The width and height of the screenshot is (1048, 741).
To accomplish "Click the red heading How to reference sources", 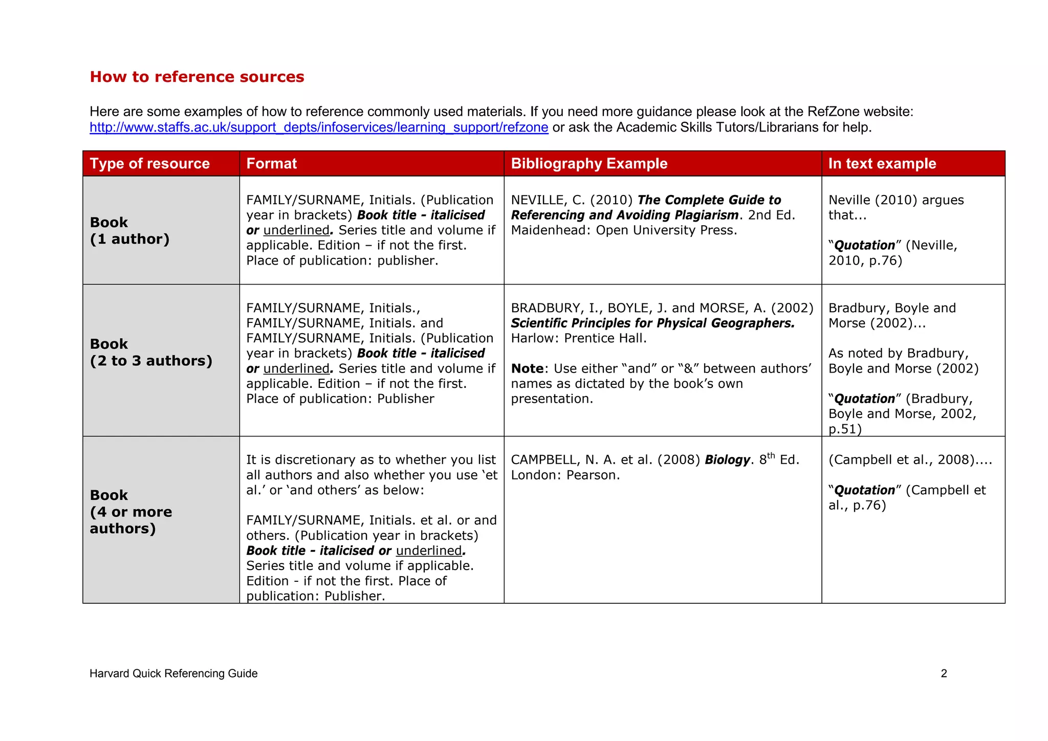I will pyautogui.click(x=197, y=77).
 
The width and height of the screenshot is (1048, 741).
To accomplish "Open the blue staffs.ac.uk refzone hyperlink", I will pyautogui.click(x=319, y=127).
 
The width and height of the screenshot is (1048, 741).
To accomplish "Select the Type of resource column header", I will pyautogui.click(x=150, y=164).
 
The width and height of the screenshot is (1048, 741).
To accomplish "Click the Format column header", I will pyautogui.click(x=272, y=164).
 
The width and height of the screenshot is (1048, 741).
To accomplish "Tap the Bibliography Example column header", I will pyautogui.click(x=589, y=164).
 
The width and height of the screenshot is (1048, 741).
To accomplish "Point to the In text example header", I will pyautogui.click(x=882, y=164).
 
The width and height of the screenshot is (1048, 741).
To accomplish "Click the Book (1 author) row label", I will pyautogui.click(x=129, y=231).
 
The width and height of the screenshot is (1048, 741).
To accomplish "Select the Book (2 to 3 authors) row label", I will pyautogui.click(x=151, y=353).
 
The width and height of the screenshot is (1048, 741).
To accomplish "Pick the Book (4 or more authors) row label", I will pyautogui.click(x=131, y=512).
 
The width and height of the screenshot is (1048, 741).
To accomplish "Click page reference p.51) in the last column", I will pyautogui.click(x=845, y=429).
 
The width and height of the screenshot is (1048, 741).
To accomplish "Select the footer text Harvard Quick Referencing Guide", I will pyautogui.click(x=173, y=674).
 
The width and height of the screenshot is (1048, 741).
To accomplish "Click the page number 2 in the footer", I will pyautogui.click(x=944, y=674).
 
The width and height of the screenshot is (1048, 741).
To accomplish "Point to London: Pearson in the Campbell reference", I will pyautogui.click(x=565, y=475).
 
